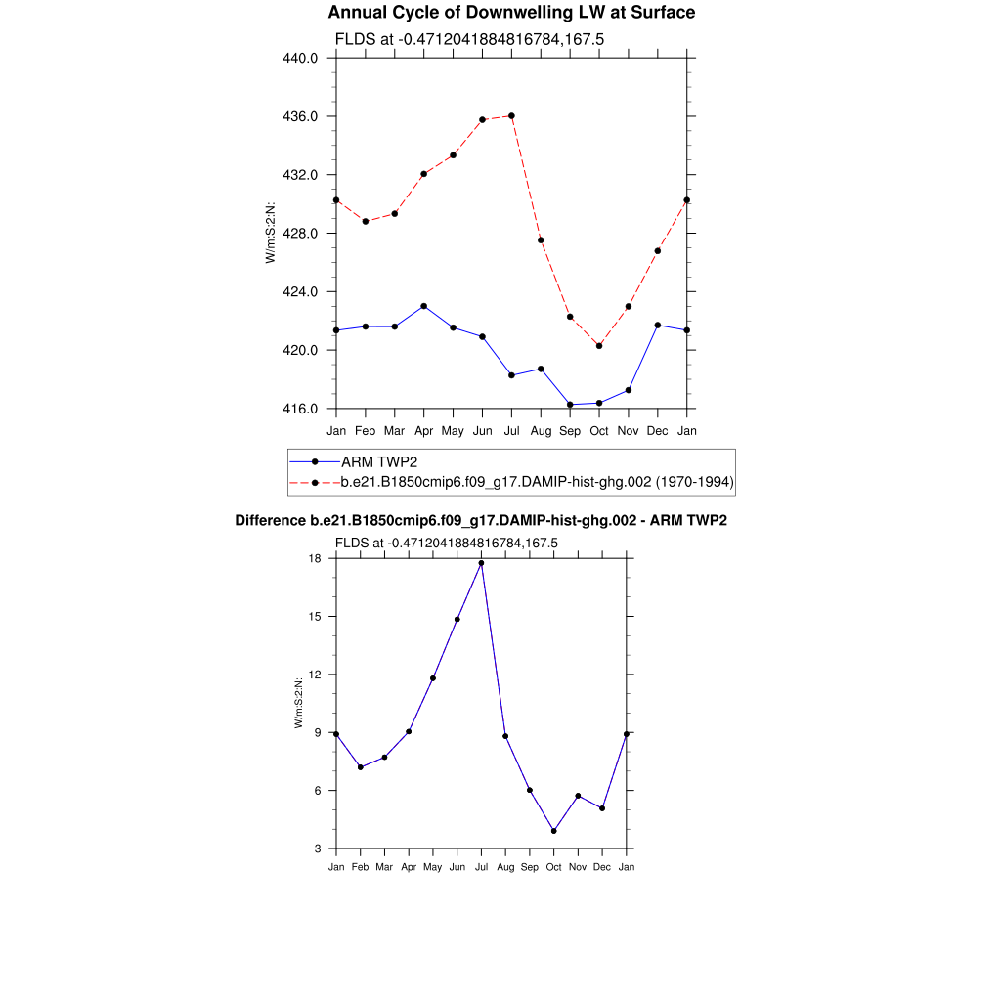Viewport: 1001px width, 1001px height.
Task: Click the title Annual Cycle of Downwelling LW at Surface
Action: pyautogui.click(x=511, y=13)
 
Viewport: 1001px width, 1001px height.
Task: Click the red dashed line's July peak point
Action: pyautogui.click(x=511, y=116)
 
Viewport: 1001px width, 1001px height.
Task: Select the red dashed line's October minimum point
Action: pyautogui.click(x=599, y=346)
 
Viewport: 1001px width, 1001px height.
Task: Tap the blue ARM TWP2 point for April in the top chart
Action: pyautogui.click(x=423, y=306)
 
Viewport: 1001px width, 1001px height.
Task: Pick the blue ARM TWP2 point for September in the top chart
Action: pyautogui.click(x=570, y=405)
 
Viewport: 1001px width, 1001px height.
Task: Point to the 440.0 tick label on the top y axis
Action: pyautogui.click(x=301, y=58)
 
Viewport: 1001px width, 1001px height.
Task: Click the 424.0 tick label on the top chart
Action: pyautogui.click(x=301, y=292)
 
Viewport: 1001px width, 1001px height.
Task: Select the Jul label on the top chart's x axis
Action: pyautogui.click(x=511, y=431)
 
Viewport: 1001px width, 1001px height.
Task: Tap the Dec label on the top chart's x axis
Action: pyautogui.click(x=658, y=431)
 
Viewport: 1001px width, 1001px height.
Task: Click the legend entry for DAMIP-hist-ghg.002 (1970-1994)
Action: pyautogui.click(x=537, y=482)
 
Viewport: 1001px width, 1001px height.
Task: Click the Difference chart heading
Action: pyautogui.click(x=481, y=521)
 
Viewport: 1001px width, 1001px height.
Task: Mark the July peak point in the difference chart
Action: pyautogui.click(x=481, y=563)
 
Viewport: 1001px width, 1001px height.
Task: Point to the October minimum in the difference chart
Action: pyautogui.click(x=553, y=831)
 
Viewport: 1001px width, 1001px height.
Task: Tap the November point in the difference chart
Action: pyautogui.click(x=578, y=796)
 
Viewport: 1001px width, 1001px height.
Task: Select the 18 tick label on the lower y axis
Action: pyautogui.click(x=315, y=559)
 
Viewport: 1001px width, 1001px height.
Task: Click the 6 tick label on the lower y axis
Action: pyautogui.click(x=318, y=791)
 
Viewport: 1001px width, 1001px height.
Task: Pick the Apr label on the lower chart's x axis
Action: pyautogui.click(x=409, y=867)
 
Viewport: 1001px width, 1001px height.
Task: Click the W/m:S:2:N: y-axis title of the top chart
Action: pyautogui.click(x=271, y=233)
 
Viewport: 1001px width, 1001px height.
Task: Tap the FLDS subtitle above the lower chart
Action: pyautogui.click(x=446, y=543)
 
